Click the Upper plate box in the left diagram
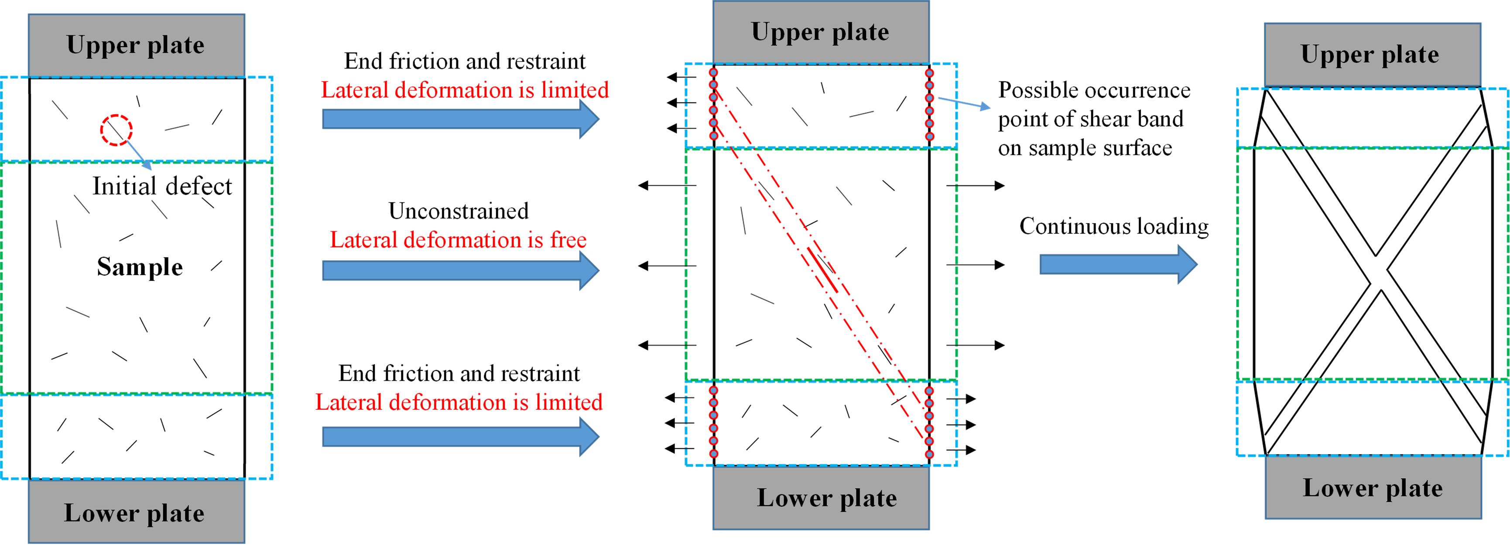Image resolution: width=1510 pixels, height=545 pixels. coord(136,45)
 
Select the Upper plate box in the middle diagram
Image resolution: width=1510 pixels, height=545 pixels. coord(821,32)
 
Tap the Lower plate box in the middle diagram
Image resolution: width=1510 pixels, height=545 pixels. coord(821,497)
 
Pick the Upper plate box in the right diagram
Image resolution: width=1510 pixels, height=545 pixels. coord(1372,54)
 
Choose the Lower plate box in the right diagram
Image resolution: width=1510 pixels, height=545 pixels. coord(1373,487)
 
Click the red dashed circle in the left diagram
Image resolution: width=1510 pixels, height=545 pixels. coord(116,129)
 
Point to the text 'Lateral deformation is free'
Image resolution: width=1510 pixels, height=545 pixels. coord(458,240)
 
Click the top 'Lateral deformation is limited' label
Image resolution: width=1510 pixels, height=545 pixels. coord(465,90)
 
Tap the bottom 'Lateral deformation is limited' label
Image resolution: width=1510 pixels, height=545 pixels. coord(459,402)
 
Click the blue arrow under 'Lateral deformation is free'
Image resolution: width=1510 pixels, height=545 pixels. coord(460,270)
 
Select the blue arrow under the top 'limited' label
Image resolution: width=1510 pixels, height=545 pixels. coord(460,119)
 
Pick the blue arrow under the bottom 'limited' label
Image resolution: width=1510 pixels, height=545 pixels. coord(460,436)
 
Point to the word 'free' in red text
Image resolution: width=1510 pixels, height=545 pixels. coord(568,240)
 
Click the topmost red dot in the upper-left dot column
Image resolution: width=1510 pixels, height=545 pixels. coord(713,73)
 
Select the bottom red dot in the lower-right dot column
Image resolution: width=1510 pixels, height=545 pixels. coord(929,453)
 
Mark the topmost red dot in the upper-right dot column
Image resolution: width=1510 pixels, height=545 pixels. coord(929,73)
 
